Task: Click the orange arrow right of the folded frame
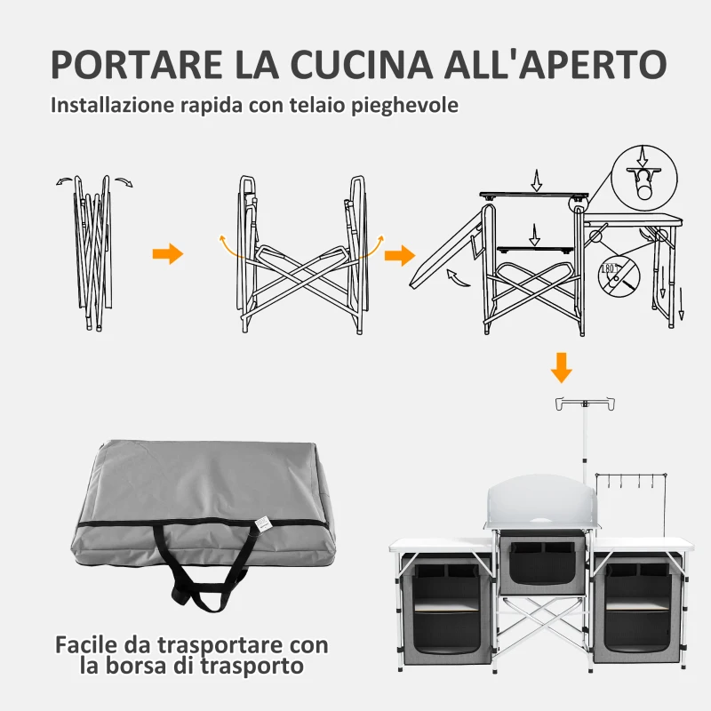(167, 255)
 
